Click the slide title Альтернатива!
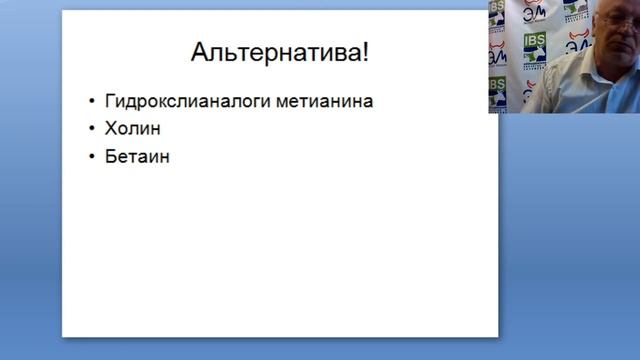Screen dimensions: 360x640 tap(279, 52)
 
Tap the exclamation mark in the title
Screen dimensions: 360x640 tap(365, 52)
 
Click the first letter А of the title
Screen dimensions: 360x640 tap(199, 52)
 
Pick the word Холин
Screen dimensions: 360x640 tap(132, 129)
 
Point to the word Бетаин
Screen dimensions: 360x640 tap(137, 156)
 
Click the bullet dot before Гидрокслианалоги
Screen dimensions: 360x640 tap(92, 102)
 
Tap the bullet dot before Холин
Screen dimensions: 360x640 tap(92, 129)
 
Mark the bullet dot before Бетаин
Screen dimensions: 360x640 tap(92, 156)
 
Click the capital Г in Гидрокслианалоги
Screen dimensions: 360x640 tap(108, 102)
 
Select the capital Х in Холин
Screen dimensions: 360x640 tap(109, 129)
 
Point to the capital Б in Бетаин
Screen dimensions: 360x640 tap(109, 156)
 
